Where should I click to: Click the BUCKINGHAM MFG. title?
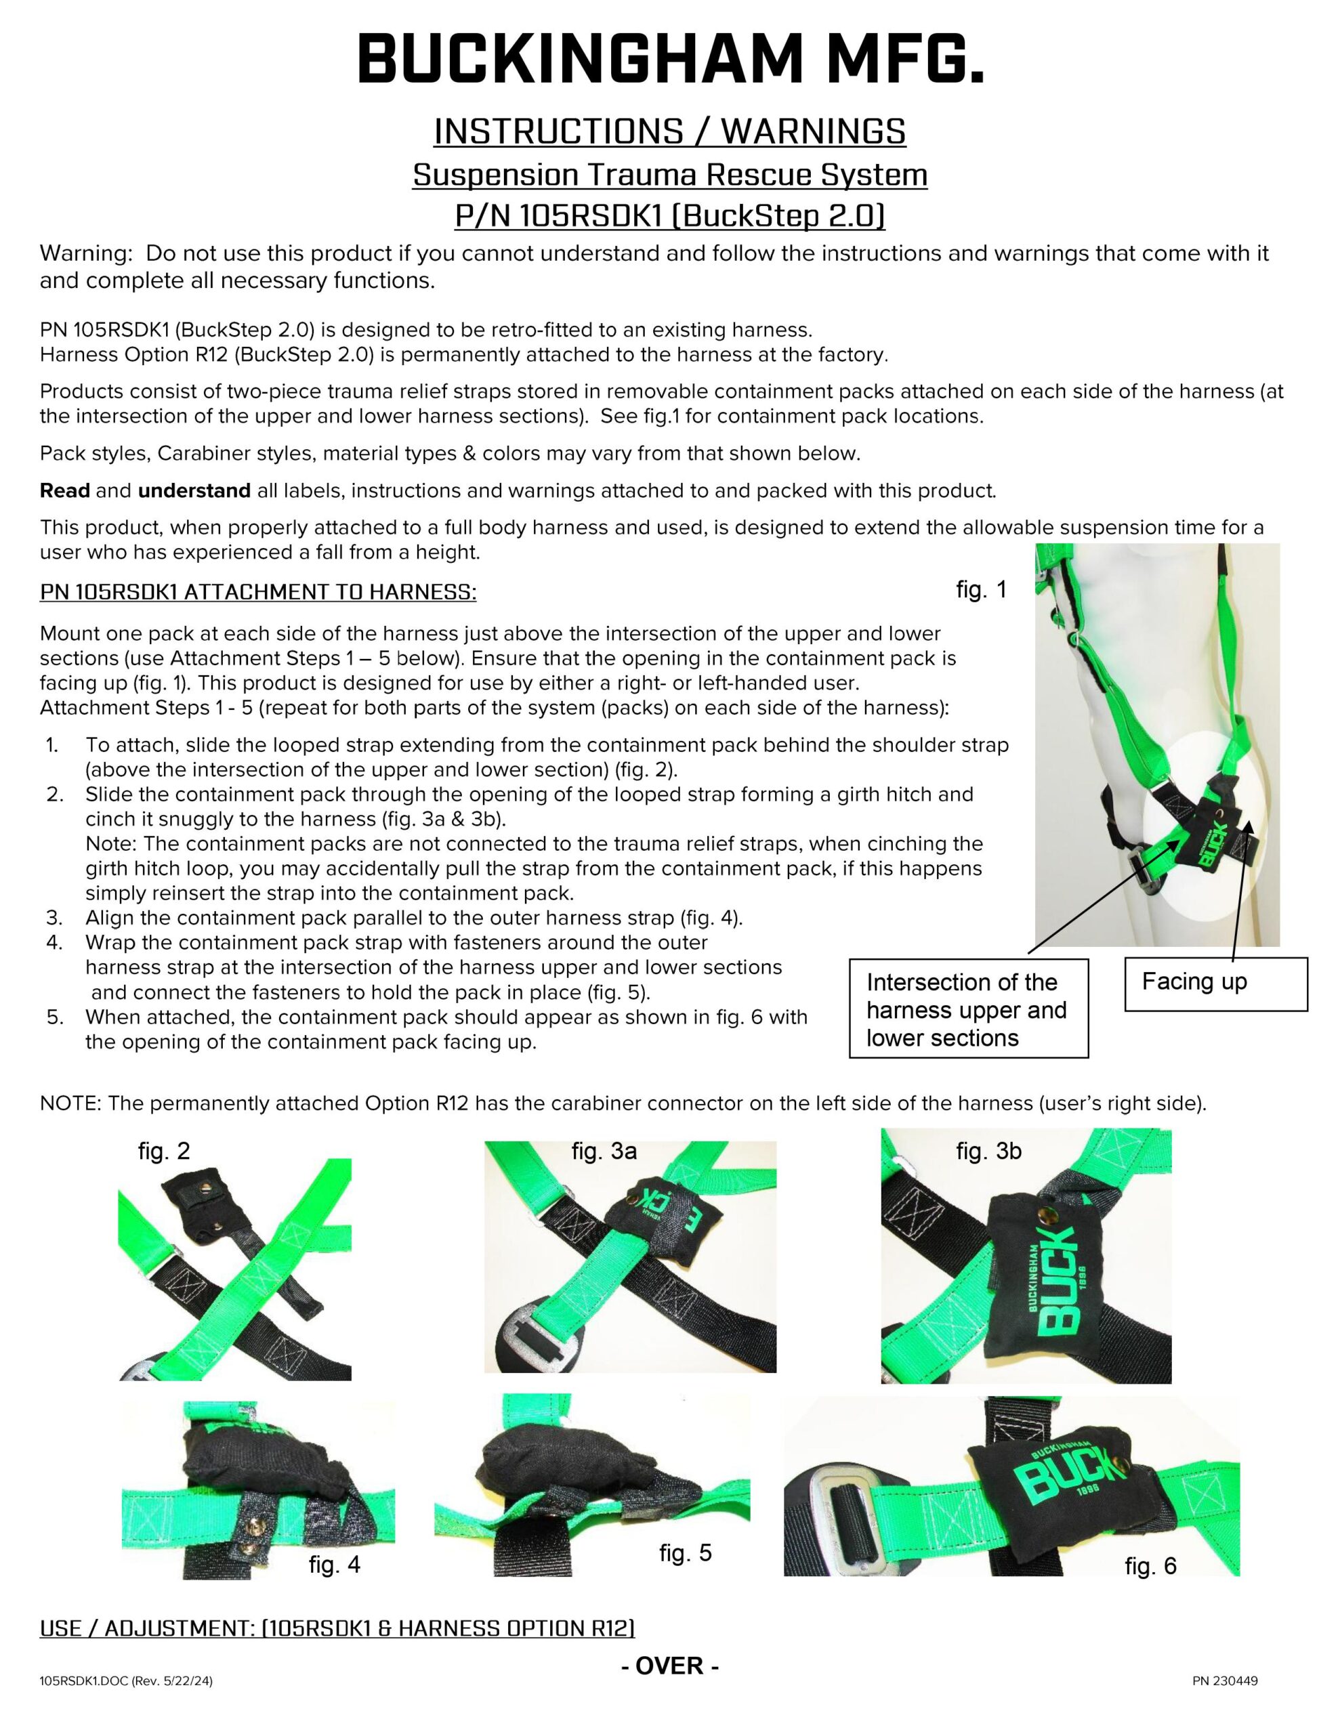669,60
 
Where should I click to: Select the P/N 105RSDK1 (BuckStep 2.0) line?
669,216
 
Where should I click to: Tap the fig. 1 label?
981,590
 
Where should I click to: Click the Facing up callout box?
1215,984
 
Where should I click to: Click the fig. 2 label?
164,1151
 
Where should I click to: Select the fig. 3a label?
604,1151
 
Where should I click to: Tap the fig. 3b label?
988,1151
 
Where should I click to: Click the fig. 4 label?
335,1565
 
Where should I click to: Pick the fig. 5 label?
685,1553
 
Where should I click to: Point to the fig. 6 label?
1150,1567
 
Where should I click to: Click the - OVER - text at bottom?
669,1666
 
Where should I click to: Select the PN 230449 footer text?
1224,1680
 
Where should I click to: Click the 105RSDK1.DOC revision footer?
126,1680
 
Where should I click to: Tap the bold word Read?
64,490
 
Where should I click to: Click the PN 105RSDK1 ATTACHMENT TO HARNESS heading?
258,592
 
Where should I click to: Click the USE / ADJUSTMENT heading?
337,1628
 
